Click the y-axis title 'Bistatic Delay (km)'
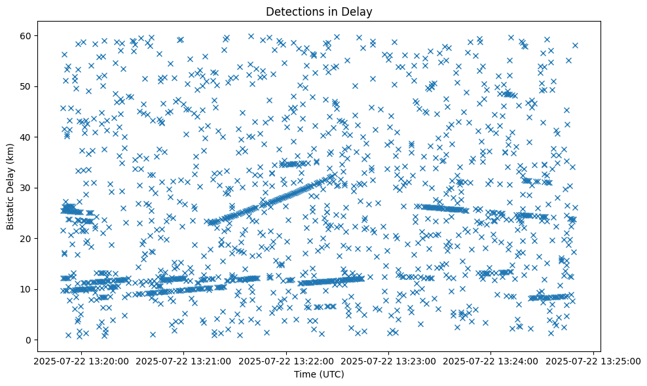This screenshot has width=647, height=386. tap(10, 187)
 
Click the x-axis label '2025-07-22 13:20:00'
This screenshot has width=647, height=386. tap(82, 360)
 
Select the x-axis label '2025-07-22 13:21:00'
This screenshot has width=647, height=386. tap(184, 360)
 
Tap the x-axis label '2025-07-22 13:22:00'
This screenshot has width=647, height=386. tap(287, 360)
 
